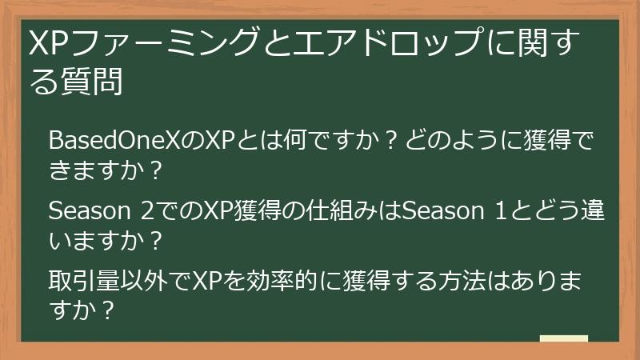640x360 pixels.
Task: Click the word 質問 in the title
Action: pos(91,81)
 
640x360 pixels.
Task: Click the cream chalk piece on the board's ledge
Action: pos(563,338)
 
